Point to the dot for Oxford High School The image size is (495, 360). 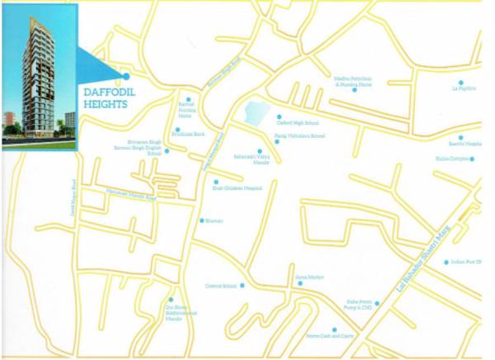pyautogui.click(x=279, y=117)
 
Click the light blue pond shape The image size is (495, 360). pyautogui.click(x=255, y=112)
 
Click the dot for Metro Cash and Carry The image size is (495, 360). pyautogui.click(x=335, y=329)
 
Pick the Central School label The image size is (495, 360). pyautogui.click(x=220, y=286)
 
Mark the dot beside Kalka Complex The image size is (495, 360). pyautogui.click(x=461, y=154)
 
